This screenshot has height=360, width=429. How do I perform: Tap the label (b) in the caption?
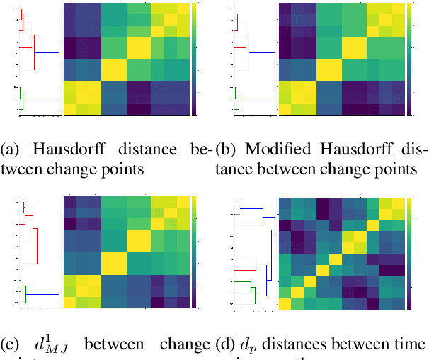(x=227, y=150)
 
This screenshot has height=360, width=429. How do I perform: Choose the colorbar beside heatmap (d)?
(x=411, y=252)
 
